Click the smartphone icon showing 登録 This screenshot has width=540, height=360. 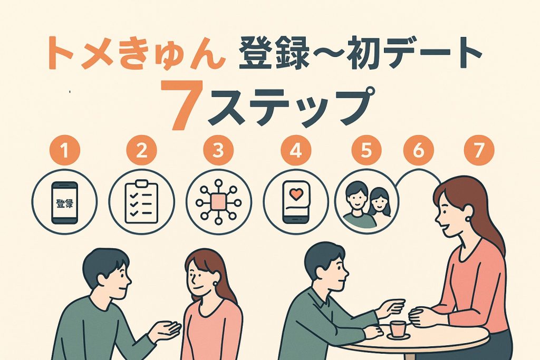click(64, 202)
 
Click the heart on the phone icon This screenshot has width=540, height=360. click(297, 194)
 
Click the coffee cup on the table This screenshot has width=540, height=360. click(398, 327)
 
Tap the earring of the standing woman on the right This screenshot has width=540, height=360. click(467, 218)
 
